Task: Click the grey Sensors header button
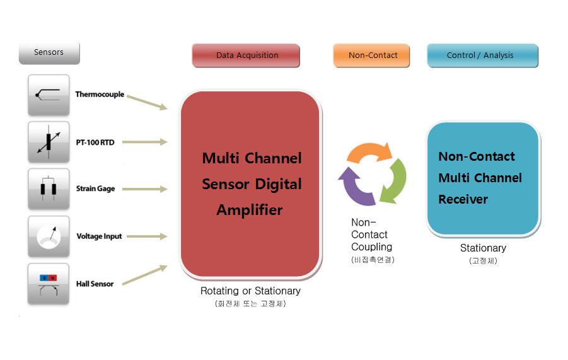coord(49,53)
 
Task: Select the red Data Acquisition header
coord(246,55)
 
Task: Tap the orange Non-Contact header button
coord(372,55)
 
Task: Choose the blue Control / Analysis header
coord(482,55)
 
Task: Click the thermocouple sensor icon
coord(49,95)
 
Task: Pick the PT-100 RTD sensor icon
coord(49,142)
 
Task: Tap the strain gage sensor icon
coord(49,189)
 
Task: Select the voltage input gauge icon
coord(49,236)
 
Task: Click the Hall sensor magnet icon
coord(49,284)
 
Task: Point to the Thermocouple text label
coord(100,95)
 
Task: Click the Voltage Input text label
coord(99,236)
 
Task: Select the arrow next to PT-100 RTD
coord(144,142)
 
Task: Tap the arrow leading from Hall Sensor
coord(144,275)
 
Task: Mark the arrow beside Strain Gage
coord(144,189)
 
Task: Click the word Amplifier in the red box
coord(250,210)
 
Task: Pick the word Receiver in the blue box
coord(463,199)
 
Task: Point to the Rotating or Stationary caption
coord(250,291)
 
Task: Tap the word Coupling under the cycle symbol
coord(372,247)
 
